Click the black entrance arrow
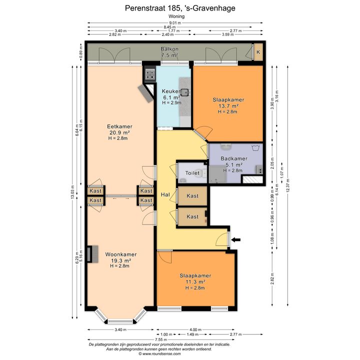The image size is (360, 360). pyautogui.click(x=236, y=240)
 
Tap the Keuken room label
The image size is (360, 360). pyautogui.click(x=171, y=91)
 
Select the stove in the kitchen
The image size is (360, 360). pyautogui.click(x=149, y=74)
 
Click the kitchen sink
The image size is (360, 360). pyautogui.click(x=185, y=92)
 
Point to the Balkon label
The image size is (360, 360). pyautogui.click(x=169, y=49)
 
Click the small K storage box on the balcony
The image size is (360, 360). pyautogui.click(x=258, y=52)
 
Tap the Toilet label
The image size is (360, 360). pyautogui.click(x=192, y=172)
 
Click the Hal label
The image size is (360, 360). pyautogui.click(x=165, y=194)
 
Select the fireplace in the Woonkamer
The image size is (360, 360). pyautogui.click(x=92, y=254)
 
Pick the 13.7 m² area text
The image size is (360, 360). pyautogui.click(x=228, y=106)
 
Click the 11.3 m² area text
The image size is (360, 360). pyautogui.click(x=195, y=281)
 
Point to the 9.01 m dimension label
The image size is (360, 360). pyautogui.click(x=175, y=22)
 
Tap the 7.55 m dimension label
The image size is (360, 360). pyautogui.click(x=160, y=339)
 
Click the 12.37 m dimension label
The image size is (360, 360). pyautogui.click(x=288, y=186)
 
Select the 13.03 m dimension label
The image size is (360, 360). pyautogui.click(x=72, y=192)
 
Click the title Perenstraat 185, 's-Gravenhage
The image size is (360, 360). pyautogui.click(x=180, y=8)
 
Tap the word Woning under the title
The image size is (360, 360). pyautogui.click(x=176, y=16)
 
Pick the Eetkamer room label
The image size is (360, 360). pyautogui.click(x=119, y=126)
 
